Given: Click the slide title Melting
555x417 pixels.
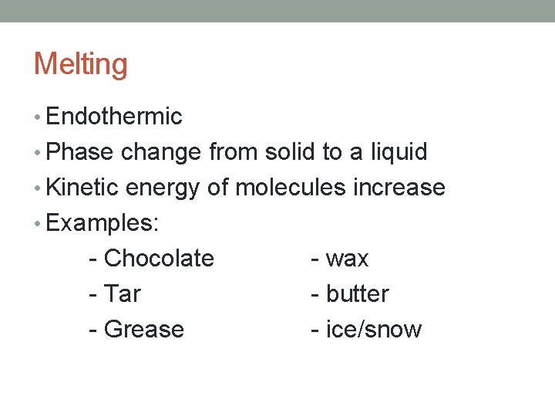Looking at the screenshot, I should point(80,64).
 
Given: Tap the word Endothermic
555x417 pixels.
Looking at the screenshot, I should point(114,117).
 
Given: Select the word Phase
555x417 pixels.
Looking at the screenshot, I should point(80,152).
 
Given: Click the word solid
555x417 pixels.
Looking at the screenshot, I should point(290,152).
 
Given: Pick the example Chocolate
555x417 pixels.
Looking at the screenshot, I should point(158,258).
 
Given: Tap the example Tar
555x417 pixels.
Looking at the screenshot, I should point(122,293).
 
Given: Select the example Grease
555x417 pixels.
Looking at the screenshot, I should point(143,329).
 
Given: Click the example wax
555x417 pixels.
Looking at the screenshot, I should point(347,259).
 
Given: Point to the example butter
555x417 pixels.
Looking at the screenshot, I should point(357,293).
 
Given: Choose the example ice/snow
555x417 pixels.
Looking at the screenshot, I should point(374,329).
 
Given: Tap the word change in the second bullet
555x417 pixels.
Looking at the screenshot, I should point(162,152).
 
